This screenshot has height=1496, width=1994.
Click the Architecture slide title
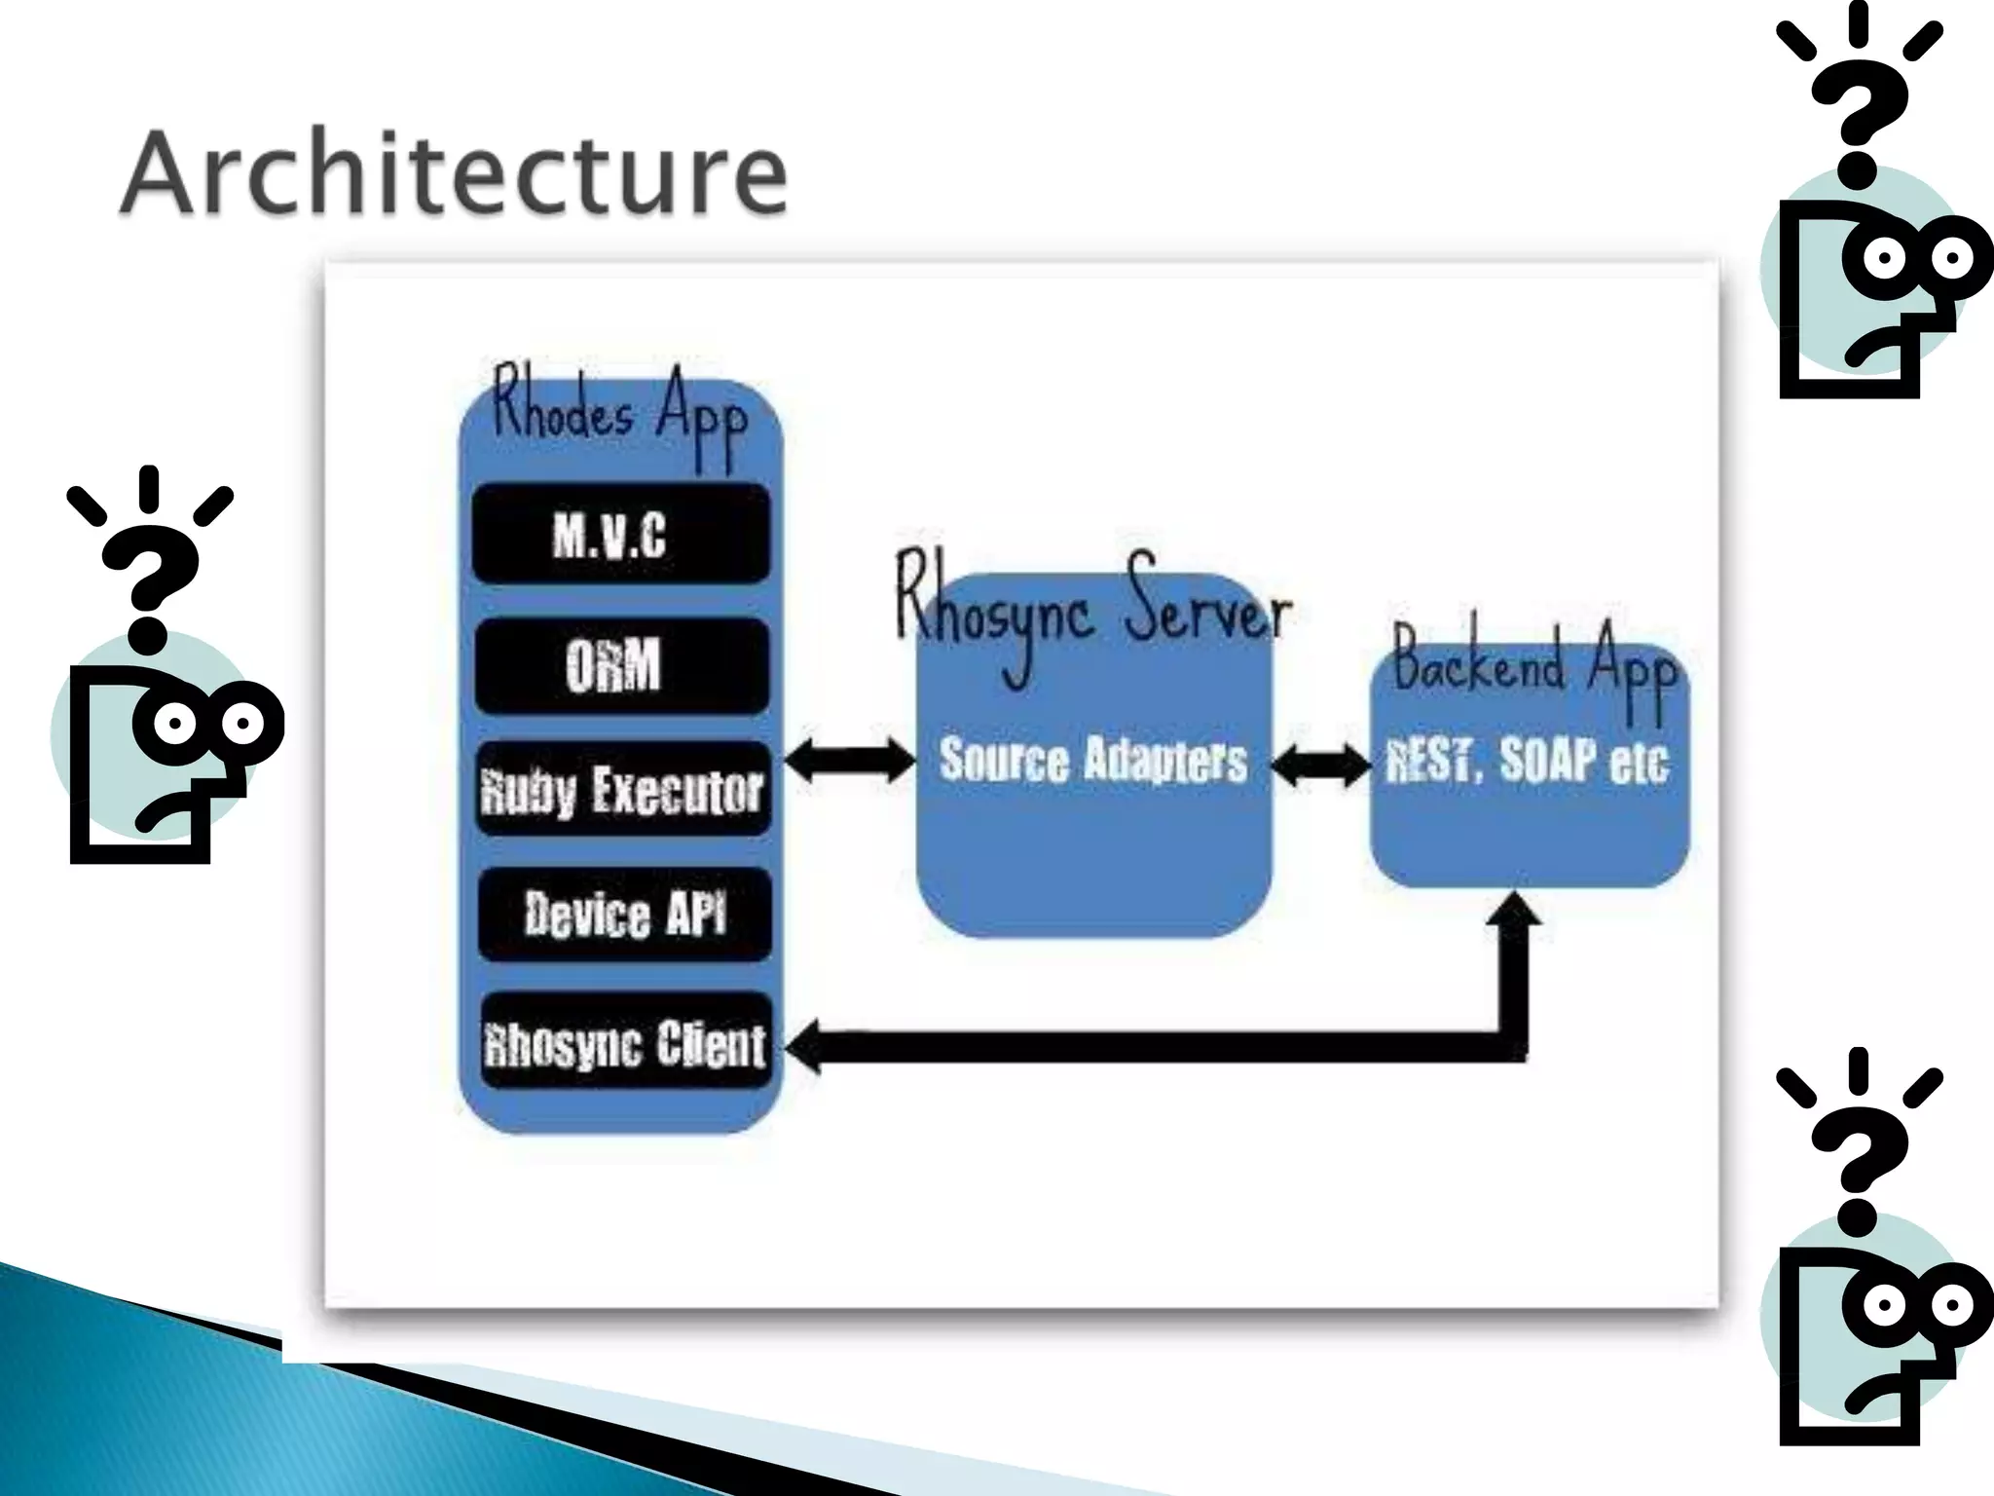[453, 173]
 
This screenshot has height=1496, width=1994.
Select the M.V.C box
[620, 534]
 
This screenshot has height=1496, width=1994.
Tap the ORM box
[620, 666]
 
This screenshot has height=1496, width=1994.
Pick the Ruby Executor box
[622, 789]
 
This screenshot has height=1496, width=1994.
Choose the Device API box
[624, 915]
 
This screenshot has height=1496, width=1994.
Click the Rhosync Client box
[625, 1042]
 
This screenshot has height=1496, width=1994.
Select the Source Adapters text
[1092, 761]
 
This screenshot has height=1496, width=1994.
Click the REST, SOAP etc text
[1526, 761]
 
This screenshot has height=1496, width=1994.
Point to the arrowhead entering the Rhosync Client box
[802, 1047]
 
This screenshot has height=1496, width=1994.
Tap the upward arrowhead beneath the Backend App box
[1516, 911]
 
